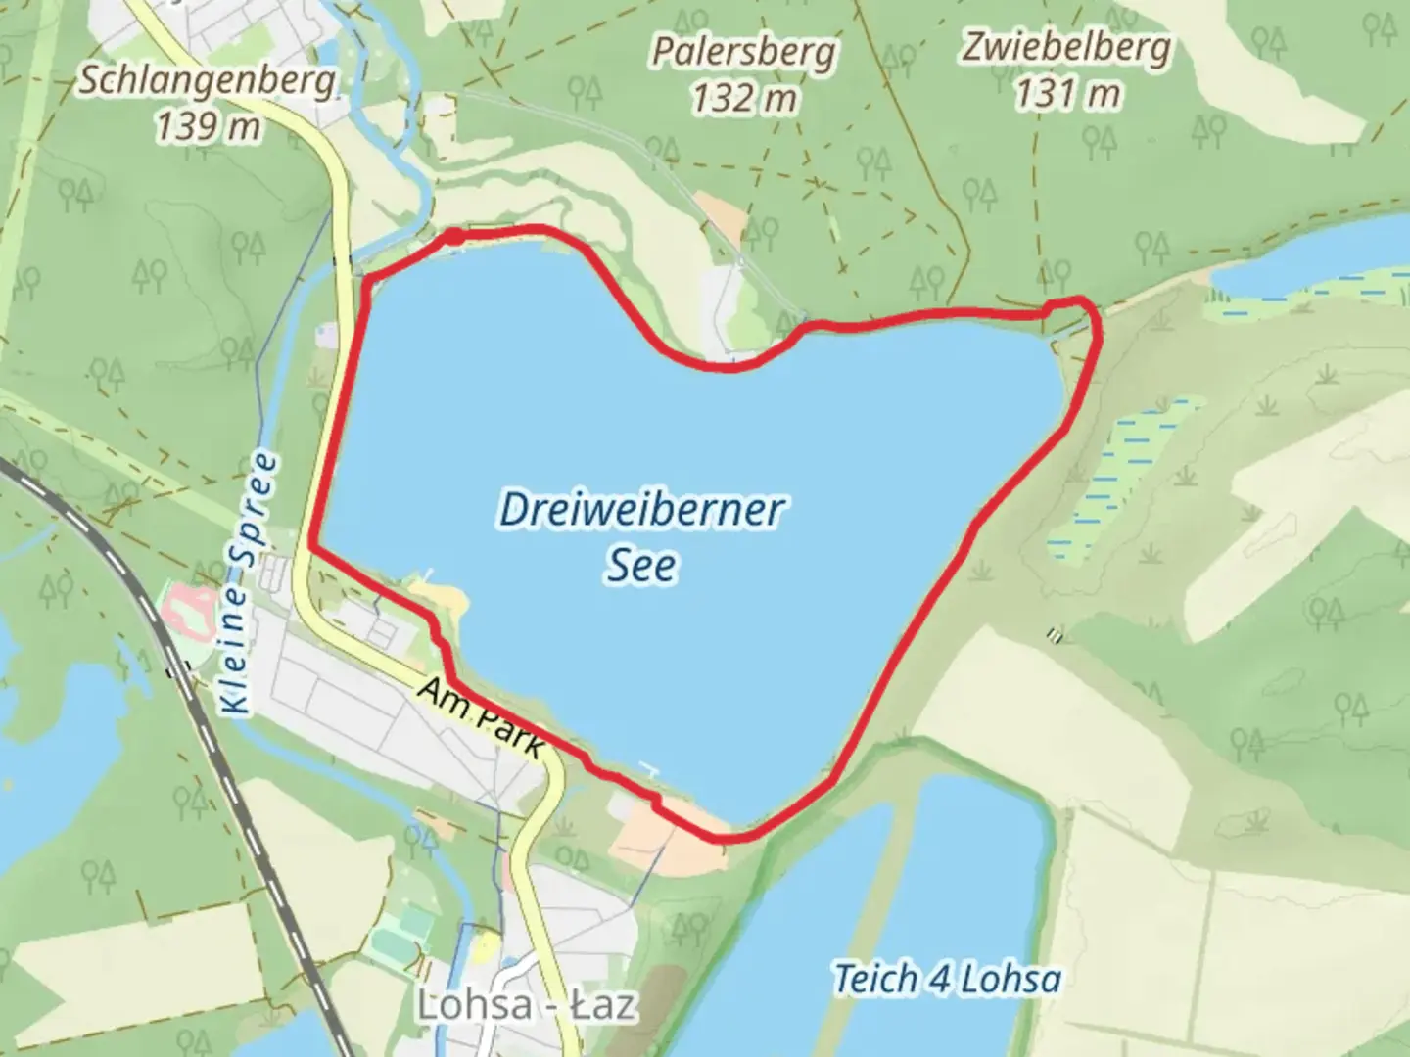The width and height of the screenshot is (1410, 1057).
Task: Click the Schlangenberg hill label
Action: point(207,81)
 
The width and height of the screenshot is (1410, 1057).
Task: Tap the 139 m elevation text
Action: point(209,125)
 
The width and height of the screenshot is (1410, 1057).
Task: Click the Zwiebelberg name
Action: point(1066,47)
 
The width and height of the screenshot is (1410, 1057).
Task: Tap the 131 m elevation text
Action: point(1066,94)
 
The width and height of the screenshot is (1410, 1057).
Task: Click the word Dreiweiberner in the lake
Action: point(641,510)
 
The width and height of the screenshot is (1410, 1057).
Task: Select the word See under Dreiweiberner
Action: point(641,566)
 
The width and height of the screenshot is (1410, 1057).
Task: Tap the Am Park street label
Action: point(481,717)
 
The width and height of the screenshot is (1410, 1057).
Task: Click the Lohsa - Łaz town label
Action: point(527,1004)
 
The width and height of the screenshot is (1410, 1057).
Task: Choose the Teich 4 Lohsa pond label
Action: point(947,979)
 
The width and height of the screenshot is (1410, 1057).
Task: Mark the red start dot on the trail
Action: point(455,236)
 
